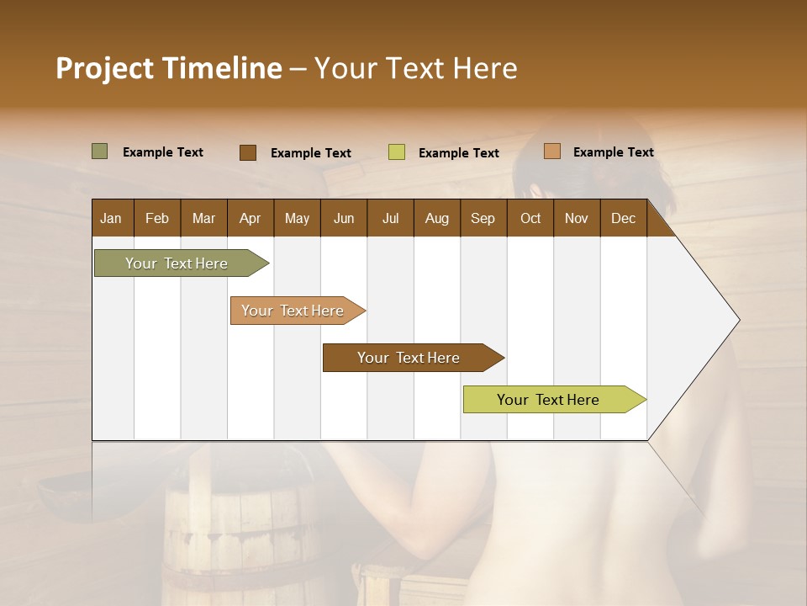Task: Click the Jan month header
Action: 111,218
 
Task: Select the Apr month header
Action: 250,218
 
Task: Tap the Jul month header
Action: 390,218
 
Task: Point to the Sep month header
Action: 483,218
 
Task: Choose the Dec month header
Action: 623,218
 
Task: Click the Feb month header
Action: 157,218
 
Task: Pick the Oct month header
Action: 530,218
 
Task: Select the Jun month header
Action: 344,218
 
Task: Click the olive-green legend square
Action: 99,151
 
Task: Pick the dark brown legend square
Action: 247,152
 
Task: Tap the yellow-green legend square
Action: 396,152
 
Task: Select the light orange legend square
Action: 551,151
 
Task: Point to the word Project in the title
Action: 104,68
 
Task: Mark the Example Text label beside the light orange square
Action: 613,152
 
